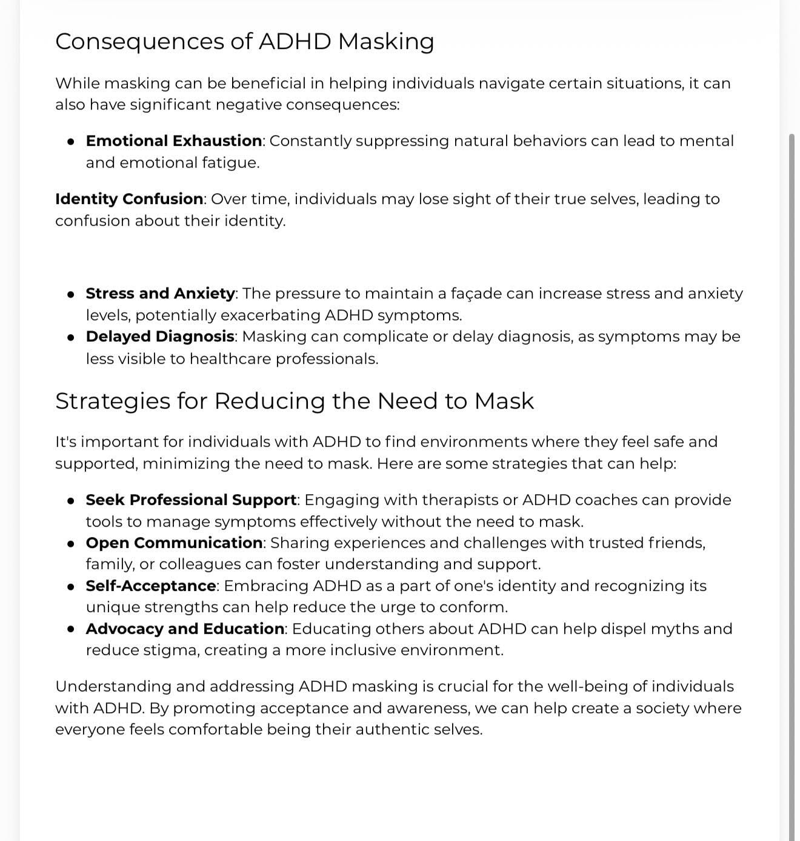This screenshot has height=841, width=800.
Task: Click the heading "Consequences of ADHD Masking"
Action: tap(244, 42)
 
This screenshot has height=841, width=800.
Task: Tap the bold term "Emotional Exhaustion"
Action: tap(174, 141)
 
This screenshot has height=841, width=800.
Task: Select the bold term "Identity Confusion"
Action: tap(129, 199)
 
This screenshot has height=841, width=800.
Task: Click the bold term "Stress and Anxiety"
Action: tap(160, 294)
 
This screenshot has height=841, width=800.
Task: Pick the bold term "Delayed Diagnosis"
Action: tap(160, 337)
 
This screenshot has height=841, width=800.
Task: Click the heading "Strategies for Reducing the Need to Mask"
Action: tap(295, 401)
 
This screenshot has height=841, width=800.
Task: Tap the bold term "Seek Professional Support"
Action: tap(191, 500)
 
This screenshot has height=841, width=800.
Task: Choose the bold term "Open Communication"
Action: tap(174, 543)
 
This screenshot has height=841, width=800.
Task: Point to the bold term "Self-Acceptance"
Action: tap(151, 586)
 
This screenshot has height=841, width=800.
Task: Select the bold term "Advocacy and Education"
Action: tap(185, 629)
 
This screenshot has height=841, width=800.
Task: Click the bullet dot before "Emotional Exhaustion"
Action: tap(72, 142)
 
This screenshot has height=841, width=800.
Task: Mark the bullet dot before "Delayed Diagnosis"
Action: tap(72, 337)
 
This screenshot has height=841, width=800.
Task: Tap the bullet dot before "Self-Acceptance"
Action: tap(72, 587)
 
